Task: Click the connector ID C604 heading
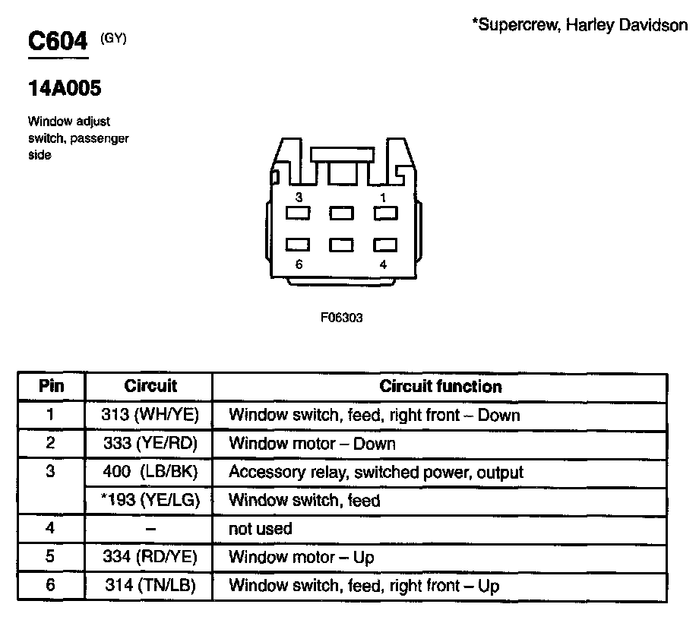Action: pos(58,41)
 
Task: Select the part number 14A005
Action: pos(65,89)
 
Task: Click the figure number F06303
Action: pos(341,318)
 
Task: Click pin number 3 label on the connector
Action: pos(299,198)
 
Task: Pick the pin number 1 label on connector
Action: pos(383,198)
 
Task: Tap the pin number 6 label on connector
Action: pos(299,264)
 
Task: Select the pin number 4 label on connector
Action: pos(383,264)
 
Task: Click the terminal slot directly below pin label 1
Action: pos(385,214)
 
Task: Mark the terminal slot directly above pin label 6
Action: pos(298,245)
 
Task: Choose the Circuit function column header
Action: pos(441,386)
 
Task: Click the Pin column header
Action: pos(51,386)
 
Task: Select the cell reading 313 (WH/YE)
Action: pos(150,415)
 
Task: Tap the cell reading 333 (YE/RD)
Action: pos(150,443)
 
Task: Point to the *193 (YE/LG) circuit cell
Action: pos(150,500)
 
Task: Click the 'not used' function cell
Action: pos(260,528)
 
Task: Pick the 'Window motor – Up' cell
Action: pos(302,557)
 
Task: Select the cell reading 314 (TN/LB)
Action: pos(150,586)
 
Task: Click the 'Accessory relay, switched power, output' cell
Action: pos(376,472)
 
